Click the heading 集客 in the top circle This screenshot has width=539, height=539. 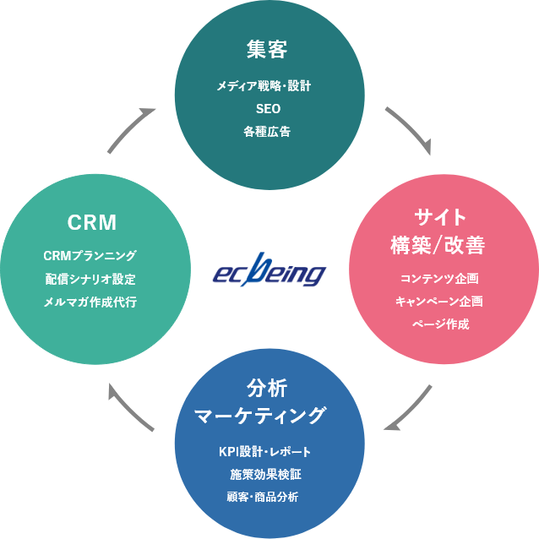269,50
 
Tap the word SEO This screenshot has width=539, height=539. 268,109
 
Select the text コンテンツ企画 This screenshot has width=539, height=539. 439,278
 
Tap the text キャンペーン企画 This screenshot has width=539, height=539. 439,301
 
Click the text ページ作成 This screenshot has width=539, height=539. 439,324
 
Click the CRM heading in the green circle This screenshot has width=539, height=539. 91,223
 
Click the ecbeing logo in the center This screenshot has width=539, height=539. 269,272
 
